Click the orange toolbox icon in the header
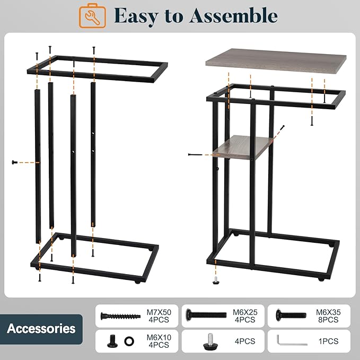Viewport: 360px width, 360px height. [92, 16]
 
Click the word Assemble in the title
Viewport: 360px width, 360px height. [233, 15]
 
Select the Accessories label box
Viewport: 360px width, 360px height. [41, 329]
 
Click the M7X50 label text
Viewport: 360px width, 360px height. [159, 312]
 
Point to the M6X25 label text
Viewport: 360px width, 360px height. [245, 312]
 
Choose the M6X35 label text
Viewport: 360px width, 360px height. [328, 312]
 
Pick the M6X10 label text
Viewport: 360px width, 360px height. [159, 338]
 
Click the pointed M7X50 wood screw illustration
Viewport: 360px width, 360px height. [120, 316]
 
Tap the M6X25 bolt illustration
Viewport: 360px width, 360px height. [206, 314]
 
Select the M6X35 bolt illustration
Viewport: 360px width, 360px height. [291, 315]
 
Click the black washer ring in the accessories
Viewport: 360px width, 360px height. [129, 341]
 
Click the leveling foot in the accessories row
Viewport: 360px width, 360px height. [211, 341]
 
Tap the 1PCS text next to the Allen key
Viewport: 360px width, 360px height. [328, 341]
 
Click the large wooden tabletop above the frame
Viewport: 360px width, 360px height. [276, 61]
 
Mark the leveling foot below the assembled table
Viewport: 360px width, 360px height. [216, 280]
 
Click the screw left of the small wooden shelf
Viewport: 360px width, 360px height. [195, 154]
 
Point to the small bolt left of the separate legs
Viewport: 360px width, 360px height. [15, 162]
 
